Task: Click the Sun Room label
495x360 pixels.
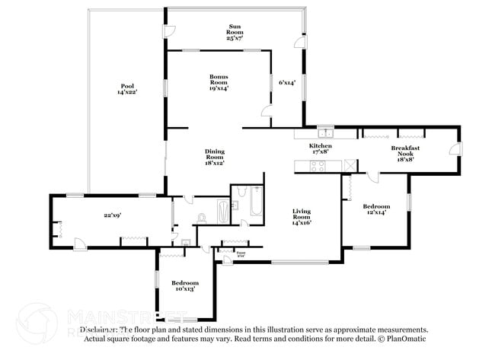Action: coord(234,31)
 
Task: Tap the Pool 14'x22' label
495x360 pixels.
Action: coord(126,89)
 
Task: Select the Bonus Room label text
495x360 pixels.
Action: coord(219,81)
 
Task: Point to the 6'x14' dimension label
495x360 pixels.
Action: coord(286,81)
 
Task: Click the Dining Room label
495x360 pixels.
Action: coord(214,157)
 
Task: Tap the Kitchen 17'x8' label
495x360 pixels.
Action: coord(320,149)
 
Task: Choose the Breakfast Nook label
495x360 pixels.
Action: coord(407,151)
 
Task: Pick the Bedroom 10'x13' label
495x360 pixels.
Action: coord(185,286)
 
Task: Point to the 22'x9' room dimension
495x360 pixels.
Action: coord(113,216)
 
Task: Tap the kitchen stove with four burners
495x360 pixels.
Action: coord(316,166)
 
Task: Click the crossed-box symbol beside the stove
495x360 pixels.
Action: coord(350,166)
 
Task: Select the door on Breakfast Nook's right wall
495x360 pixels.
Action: coord(455,149)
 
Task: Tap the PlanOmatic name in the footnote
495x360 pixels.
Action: coord(406,339)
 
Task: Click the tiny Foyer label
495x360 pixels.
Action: coord(241,253)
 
